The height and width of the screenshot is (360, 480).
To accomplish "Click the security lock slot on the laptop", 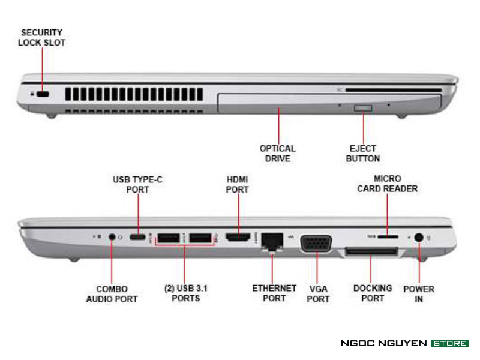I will click(x=42, y=94).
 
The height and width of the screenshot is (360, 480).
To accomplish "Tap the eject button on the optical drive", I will click(x=363, y=108).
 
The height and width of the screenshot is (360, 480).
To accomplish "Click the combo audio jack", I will click(x=112, y=236).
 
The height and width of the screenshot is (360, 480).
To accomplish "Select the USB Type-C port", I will click(x=137, y=237).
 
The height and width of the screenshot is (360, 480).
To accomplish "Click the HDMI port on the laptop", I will click(x=238, y=238).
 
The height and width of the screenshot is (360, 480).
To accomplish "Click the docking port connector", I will click(x=371, y=250).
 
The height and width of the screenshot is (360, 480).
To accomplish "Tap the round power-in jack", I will click(x=419, y=238).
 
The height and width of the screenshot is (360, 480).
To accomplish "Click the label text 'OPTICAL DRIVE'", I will click(x=277, y=153).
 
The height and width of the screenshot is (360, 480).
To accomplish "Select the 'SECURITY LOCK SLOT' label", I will click(x=41, y=37).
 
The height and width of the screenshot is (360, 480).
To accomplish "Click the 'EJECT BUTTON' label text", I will click(x=363, y=153).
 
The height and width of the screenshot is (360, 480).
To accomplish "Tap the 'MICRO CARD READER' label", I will click(x=387, y=184).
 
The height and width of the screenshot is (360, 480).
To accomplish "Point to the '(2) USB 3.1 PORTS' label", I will click(x=185, y=293).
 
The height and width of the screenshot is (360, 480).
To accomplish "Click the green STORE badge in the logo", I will click(x=449, y=343).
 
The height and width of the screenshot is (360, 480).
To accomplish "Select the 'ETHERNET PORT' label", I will click(x=274, y=293).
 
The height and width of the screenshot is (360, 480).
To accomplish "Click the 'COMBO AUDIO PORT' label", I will click(x=112, y=293).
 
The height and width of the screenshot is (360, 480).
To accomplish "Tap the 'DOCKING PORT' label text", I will click(x=372, y=293).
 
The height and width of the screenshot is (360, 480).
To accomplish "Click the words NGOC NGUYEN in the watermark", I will click(x=383, y=343).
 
